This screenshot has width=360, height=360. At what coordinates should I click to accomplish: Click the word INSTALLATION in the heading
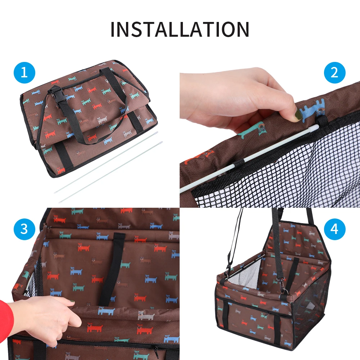180,29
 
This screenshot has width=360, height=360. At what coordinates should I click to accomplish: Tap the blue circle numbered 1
24,73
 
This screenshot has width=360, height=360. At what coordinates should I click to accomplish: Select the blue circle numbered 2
334,73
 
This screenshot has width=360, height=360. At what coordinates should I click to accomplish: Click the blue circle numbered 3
24,229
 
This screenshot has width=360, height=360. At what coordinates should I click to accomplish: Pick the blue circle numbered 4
334,229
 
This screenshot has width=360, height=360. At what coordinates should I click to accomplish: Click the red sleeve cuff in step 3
5,317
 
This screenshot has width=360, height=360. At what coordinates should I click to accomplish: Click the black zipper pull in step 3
155,347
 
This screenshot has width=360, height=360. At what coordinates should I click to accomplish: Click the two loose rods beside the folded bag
108,169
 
